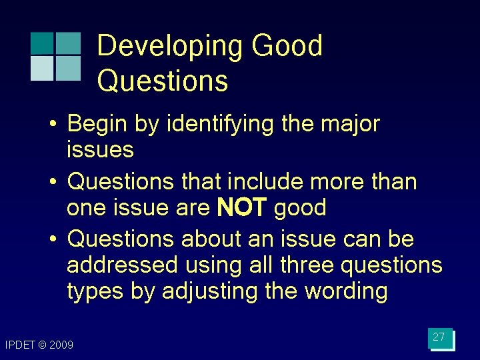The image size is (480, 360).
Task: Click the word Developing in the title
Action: click(170, 47)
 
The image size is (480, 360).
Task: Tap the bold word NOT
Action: click(242, 209)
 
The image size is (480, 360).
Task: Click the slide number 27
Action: click(439, 338)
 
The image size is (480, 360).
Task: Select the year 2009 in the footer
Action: click(63, 345)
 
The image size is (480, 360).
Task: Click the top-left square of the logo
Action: click(42, 43)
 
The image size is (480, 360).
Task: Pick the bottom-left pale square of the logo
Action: click(42, 68)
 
